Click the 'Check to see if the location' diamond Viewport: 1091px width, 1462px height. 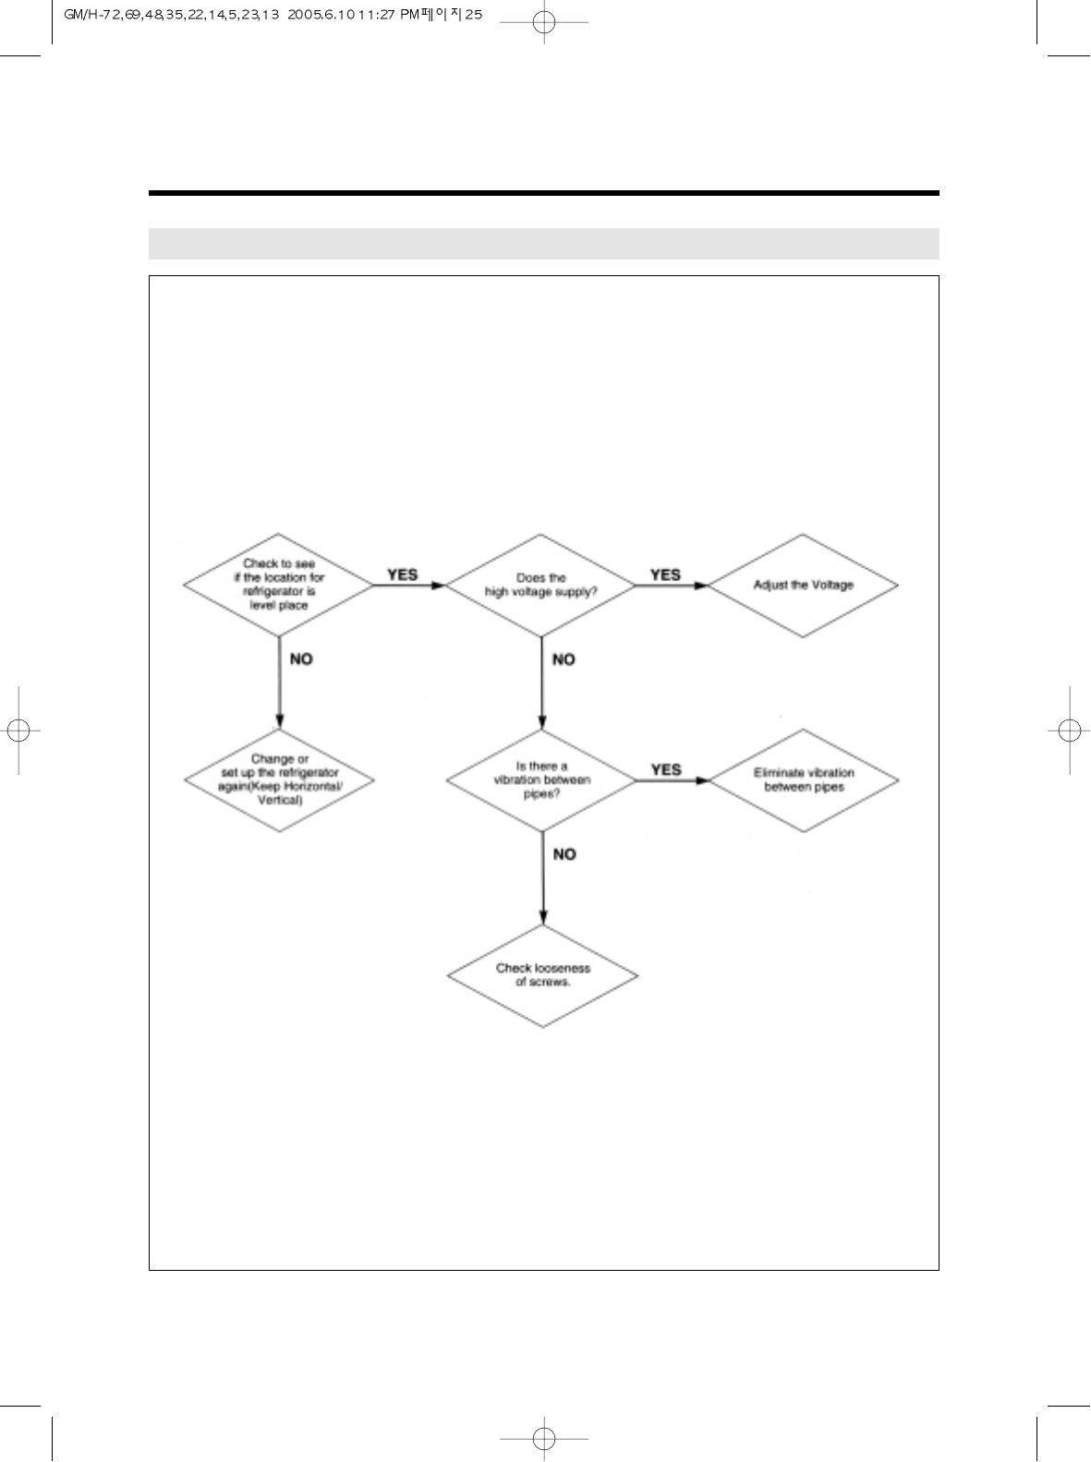[x=278, y=585]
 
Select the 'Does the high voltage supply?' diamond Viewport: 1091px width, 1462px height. [x=541, y=585]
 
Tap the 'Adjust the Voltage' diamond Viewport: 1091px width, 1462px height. [x=803, y=585]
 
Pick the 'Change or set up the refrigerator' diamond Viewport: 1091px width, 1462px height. [x=279, y=779]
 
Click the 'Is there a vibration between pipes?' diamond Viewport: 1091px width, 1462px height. [x=541, y=779]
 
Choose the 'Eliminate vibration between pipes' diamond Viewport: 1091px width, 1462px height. [x=804, y=779]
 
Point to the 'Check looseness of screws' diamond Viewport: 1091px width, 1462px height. [x=542, y=974]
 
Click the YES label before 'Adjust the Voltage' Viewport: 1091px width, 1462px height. [x=665, y=574]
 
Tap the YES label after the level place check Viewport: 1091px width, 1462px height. [x=402, y=574]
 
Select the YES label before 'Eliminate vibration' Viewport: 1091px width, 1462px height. [x=665, y=769]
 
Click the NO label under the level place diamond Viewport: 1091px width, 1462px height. [x=301, y=659]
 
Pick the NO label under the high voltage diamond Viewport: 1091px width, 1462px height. [x=564, y=659]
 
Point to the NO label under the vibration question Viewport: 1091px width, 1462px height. [x=564, y=854]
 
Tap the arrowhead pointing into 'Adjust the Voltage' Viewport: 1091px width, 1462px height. [x=702, y=586]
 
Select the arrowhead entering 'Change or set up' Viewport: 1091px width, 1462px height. [x=279, y=722]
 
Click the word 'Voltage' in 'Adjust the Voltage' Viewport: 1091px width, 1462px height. [x=833, y=585]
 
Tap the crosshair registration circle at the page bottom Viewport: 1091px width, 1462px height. [x=544, y=1438]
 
